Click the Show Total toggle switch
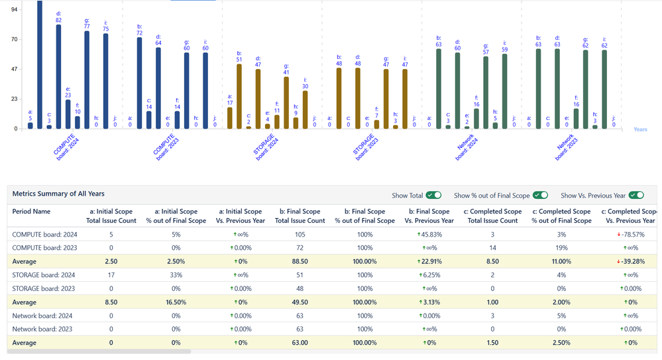pyautogui.click(x=433, y=195)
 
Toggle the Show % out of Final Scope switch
pyautogui.click(x=540, y=195)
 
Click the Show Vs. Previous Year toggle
pyautogui.click(x=636, y=195)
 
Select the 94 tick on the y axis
pyautogui.click(x=15, y=9)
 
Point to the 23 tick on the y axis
pyautogui.click(x=15, y=99)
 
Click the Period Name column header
pyautogui.click(x=32, y=211)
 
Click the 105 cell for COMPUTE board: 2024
pyautogui.click(x=300, y=234)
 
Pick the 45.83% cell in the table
pyautogui.click(x=429, y=234)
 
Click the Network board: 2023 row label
pyautogui.click(x=44, y=330)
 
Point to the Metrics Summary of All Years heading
pyautogui.click(x=58, y=194)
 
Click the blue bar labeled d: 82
pyautogui.click(x=58, y=76)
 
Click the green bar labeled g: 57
pyautogui.click(x=486, y=93)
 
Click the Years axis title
pyautogui.click(x=640, y=129)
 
